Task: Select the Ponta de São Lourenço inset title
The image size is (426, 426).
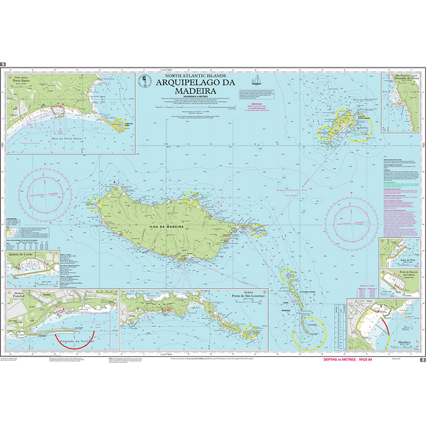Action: (x=247, y=295)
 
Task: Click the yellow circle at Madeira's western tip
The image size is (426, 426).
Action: (x=94, y=203)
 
